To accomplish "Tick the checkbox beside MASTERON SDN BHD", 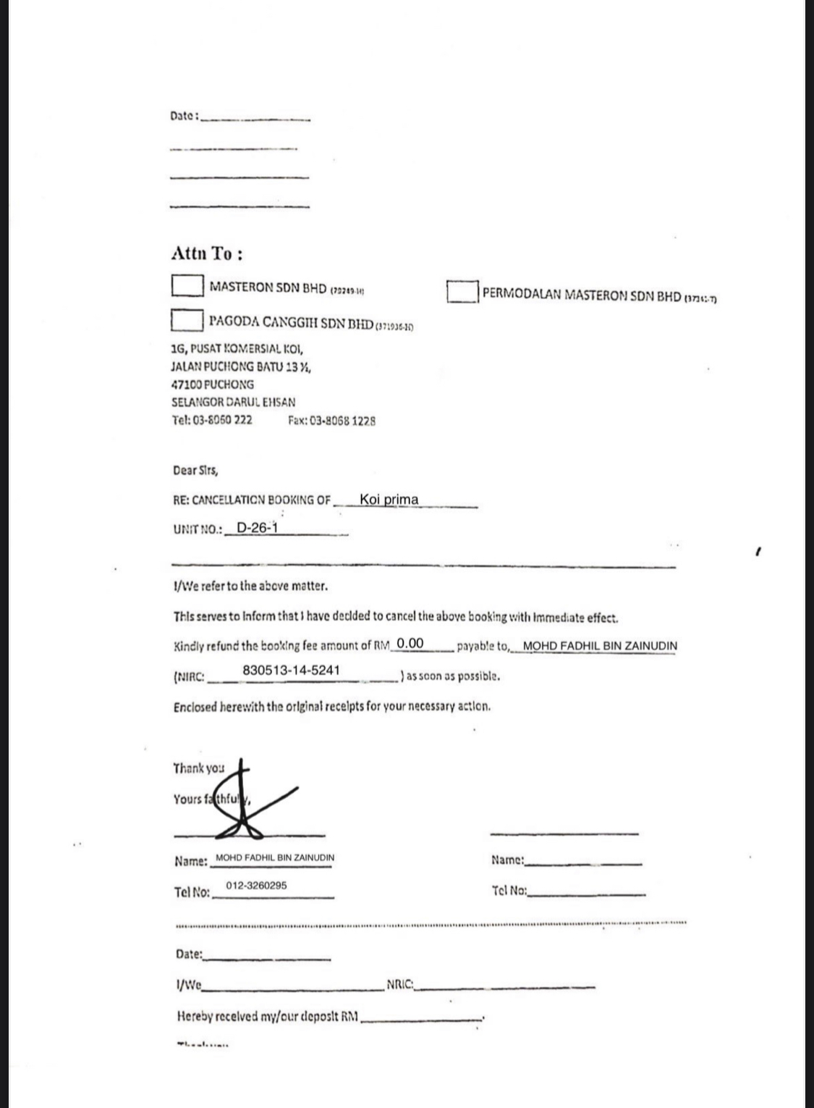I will point(187,285).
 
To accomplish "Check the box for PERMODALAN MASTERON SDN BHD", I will point(462,292).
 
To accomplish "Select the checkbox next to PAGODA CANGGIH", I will point(187,319).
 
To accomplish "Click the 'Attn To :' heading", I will point(207,253).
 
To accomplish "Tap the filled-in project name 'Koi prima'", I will point(389,499).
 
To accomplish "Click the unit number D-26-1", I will point(257,527).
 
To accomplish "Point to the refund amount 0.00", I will point(410,643).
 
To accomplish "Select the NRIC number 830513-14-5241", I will point(291,670).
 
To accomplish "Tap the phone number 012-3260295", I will point(256,885).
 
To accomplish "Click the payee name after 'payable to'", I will point(600,645).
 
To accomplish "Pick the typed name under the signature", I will point(275,857).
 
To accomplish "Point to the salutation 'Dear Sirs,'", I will point(195,471).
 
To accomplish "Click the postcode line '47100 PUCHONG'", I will point(213,385).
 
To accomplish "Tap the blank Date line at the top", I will point(255,117).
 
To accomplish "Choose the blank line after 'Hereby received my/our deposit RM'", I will point(421,1018).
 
